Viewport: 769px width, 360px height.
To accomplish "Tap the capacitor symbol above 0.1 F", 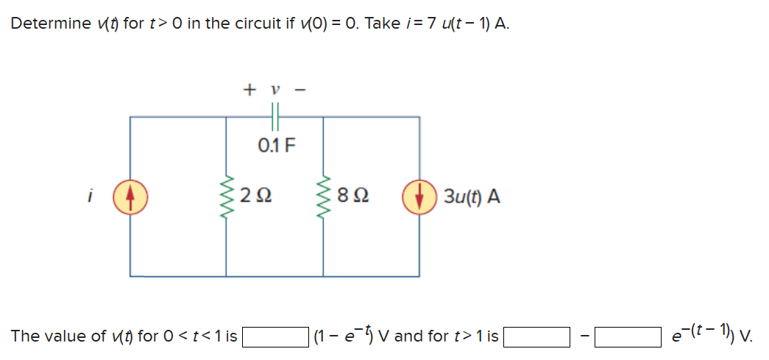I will [275, 116].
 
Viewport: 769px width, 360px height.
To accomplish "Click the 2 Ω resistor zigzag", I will [226, 197].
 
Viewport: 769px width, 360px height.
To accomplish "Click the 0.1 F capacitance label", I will [276, 144].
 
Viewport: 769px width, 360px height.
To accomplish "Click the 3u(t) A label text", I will [472, 197].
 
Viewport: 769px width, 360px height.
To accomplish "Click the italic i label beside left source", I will [90, 197].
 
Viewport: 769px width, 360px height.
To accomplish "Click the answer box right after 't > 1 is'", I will [536, 337].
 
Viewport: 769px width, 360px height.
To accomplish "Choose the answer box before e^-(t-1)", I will [627, 337].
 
